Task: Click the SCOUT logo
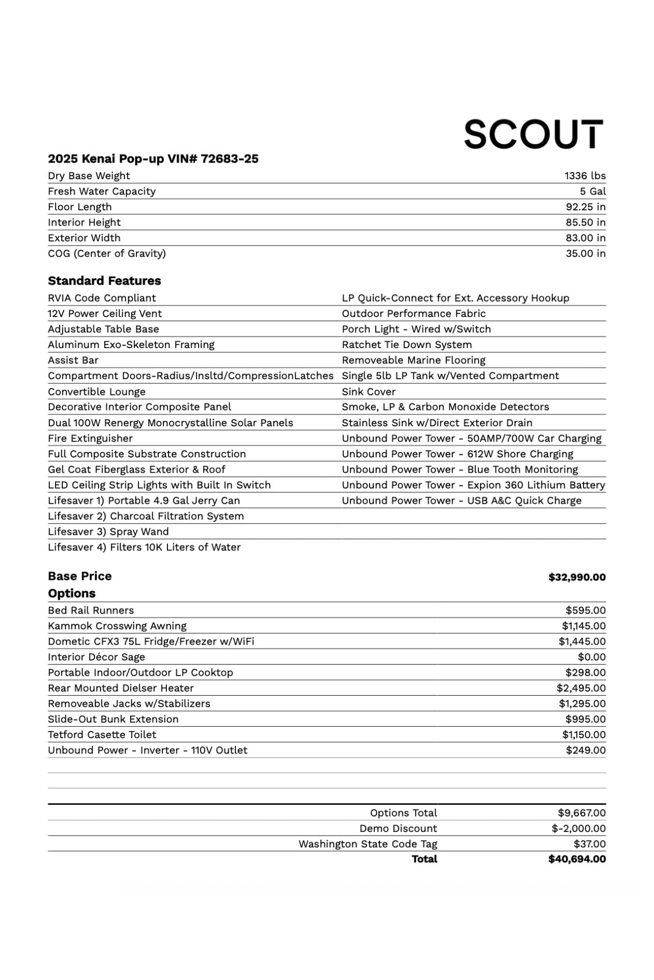tap(534, 134)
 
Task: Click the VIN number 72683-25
tap(230, 159)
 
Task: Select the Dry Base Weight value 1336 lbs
tap(585, 176)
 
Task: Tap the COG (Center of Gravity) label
tap(107, 253)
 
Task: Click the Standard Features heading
tap(104, 281)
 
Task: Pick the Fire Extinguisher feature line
tap(90, 438)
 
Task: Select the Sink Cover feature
tap(369, 391)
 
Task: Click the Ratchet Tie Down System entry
tap(406, 345)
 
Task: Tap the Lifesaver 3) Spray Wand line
tap(108, 531)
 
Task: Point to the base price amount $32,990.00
tap(577, 577)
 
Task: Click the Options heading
tap(72, 594)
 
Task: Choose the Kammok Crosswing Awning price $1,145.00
tap(584, 626)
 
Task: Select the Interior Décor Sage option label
tap(96, 657)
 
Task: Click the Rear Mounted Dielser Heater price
tap(581, 688)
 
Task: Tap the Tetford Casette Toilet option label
tap(102, 734)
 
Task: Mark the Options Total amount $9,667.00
tap(582, 813)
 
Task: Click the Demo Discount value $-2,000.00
tap(578, 828)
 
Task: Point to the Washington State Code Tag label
tap(368, 844)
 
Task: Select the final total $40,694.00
tap(577, 859)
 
